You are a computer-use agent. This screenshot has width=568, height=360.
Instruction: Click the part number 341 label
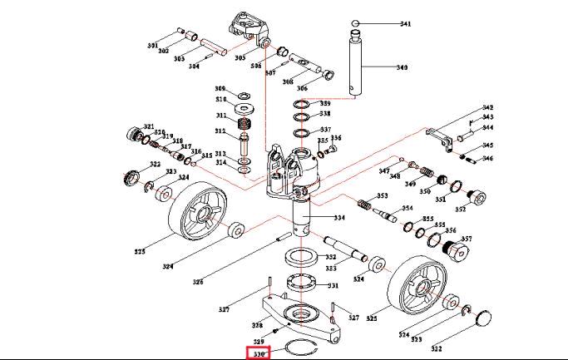(x=405, y=24)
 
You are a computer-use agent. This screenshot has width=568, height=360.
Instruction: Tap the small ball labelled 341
(x=354, y=23)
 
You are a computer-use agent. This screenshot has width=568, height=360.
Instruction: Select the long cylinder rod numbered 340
(x=357, y=62)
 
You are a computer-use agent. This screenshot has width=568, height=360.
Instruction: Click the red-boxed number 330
(x=259, y=354)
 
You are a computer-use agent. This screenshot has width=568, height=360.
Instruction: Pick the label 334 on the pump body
(x=338, y=218)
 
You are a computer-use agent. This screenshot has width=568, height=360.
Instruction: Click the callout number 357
(x=466, y=239)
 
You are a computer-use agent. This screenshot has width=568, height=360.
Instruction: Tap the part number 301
(x=153, y=45)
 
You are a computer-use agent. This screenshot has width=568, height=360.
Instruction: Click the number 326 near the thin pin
(x=198, y=282)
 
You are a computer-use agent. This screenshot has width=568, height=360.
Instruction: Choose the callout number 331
(x=333, y=285)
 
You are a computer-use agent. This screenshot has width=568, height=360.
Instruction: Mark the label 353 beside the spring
(x=383, y=196)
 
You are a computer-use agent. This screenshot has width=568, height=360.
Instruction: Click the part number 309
(x=220, y=88)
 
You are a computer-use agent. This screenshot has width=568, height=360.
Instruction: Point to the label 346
(x=487, y=158)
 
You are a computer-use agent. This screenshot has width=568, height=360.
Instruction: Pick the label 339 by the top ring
(x=325, y=103)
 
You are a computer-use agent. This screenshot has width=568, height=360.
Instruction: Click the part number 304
(x=194, y=66)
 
